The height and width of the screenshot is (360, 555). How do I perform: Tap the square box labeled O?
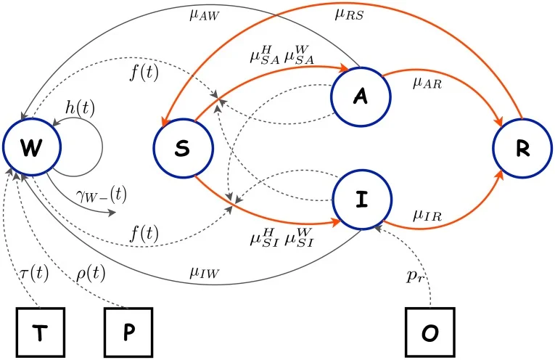[x=428, y=332]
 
